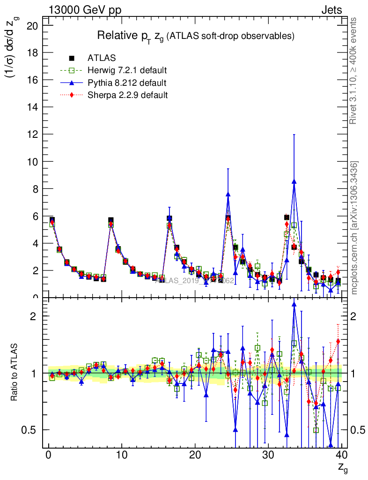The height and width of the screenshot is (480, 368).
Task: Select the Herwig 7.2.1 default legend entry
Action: pos(127,71)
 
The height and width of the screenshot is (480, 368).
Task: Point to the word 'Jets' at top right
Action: pos(331,10)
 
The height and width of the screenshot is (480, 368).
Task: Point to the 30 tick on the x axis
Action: pos(268,455)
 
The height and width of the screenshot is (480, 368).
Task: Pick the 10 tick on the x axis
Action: pos(122,455)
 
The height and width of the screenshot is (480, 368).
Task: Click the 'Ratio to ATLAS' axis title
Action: pos(15,373)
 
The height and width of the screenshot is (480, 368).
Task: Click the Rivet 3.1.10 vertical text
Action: pos(354,70)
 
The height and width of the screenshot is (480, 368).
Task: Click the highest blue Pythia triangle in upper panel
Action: pos(294,181)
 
